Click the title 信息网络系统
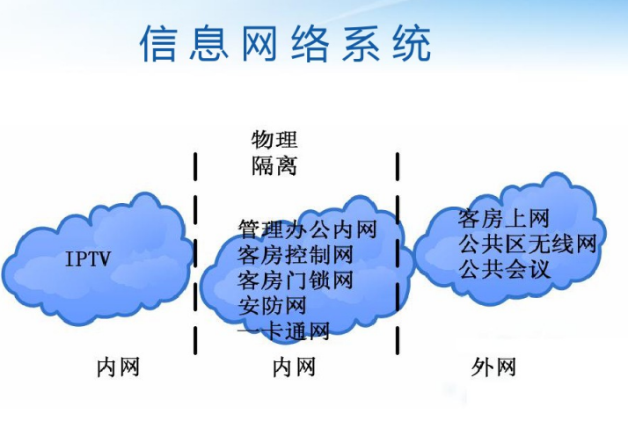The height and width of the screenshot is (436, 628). [x=286, y=43]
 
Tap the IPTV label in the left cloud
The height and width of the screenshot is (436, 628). [x=88, y=258]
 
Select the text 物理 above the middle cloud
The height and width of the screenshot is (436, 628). [x=274, y=139]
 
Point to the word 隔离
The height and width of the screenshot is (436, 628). [x=274, y=165]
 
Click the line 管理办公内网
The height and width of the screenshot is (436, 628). [x=308, y=229]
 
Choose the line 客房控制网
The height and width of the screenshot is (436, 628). [x=296, y=255]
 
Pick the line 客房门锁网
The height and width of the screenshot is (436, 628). [x=296, y=280]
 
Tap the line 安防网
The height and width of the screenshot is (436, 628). [x=273, y=306]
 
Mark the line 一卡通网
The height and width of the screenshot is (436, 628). [x=283, y=331]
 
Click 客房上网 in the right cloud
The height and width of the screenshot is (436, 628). [x=503, y=219]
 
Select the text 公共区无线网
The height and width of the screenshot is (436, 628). [x=528, y=243]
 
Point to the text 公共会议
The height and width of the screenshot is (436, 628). [x=503, y=269]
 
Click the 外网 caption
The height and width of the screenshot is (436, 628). [x=493, y=367]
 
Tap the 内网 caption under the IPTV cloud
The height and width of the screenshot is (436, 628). [x=118, y=367]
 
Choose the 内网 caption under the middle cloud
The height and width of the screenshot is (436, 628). [x=294, y=367]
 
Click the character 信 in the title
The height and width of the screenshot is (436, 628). [x=158, y=43]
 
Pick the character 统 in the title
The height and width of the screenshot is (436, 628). [x=413, y=43]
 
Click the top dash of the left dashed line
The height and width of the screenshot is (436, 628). [x=195, y=166]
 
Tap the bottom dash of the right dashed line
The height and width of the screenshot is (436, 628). [x=398, y=340]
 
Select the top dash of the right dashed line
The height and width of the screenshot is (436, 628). [x=398, y=166]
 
